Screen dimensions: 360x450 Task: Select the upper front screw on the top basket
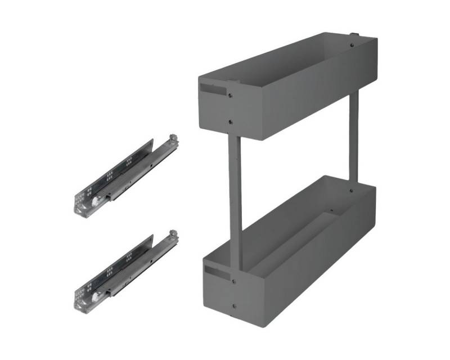(231, 95)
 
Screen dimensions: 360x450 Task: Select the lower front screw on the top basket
(231, 120)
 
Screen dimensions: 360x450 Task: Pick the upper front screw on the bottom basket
(233, 277)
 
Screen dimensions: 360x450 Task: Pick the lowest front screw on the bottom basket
(234, 307)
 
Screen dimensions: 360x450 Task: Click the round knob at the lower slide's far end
(174, 232)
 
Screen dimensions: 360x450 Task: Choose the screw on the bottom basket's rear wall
(351, 191)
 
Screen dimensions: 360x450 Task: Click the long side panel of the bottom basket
(304, 270)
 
